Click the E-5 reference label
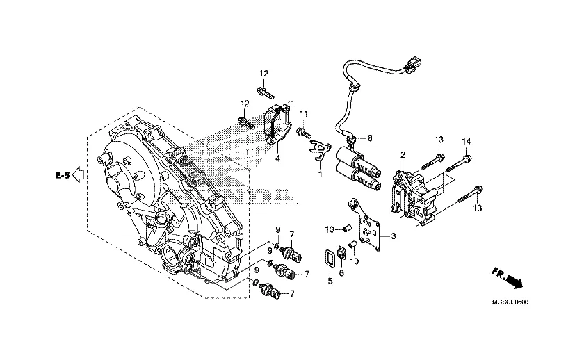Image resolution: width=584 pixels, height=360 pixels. [63, 175]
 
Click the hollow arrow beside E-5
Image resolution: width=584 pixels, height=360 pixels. [78, 175]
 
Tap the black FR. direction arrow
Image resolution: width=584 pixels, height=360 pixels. [514, 282]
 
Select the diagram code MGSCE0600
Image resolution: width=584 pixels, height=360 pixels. [510, 302]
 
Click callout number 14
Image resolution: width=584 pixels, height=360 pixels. [467, 142]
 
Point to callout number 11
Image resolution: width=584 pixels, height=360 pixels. [304, 113]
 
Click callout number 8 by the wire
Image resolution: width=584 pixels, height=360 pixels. [369, 138]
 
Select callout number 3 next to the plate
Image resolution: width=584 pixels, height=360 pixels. [394, 236]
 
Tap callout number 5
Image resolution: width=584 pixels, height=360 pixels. [330, 281]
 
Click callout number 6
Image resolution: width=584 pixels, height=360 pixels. [341, 273]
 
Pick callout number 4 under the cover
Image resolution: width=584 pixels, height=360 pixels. [277, 158]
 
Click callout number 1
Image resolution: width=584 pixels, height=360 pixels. [320, 174]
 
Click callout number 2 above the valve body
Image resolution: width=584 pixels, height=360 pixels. [403, 154]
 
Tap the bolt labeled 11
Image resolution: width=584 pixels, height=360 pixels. [304, 132]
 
